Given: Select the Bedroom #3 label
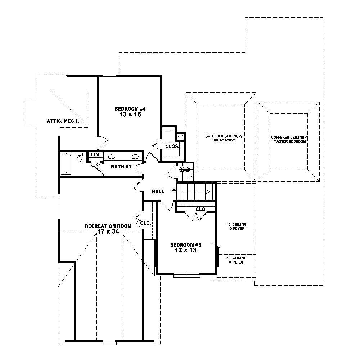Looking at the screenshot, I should tap(185, 245).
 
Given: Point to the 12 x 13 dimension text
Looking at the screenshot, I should tap(185, 251).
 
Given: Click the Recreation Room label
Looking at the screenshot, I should tap(108, 226).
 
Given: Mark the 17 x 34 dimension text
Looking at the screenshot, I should tap(108, 232).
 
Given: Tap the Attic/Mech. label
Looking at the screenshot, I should tap(63, 121).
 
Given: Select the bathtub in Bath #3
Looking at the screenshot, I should tap(66, 164).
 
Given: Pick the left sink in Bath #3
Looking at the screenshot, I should tap(112, 157).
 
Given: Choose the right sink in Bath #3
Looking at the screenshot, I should tap(135, 157).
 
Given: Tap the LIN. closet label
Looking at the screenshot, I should tap(95, 154).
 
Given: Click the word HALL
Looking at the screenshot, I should tap(158, 192).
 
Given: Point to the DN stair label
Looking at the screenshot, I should tap(174, 190).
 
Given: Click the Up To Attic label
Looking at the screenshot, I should tap(184, 169).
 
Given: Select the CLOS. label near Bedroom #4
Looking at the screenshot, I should tap(172, 147).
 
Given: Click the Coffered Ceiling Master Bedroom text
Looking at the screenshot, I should tap(289, 139).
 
